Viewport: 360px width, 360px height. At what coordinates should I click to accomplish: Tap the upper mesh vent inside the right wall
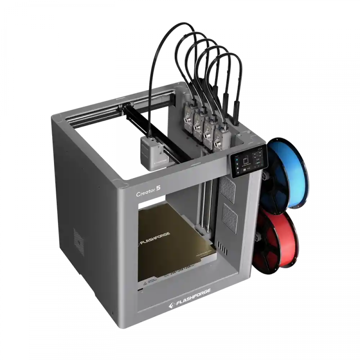227,187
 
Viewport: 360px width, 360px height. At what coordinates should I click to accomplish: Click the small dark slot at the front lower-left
141,289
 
